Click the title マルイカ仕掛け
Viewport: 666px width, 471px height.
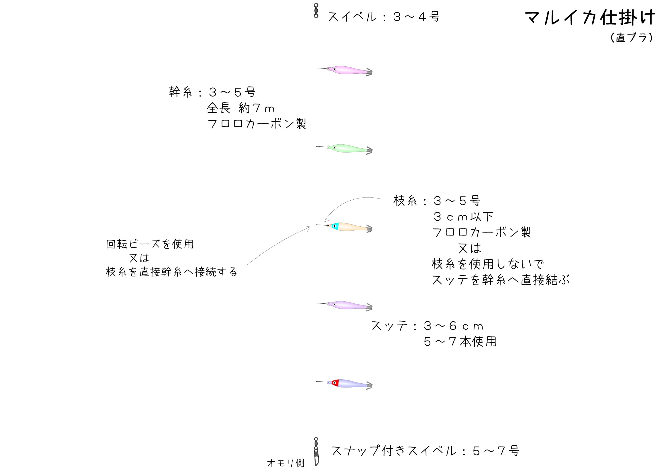(590, 18)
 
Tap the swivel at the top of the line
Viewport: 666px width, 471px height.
(316, 10)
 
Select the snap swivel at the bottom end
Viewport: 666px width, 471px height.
(316, 451)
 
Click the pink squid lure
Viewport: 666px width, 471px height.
(350, 70)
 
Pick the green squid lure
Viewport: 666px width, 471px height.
(350, 149)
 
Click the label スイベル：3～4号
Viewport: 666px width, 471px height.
(384, 17)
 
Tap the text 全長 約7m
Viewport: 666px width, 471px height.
(241, 108)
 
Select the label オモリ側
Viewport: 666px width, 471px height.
(286, 463)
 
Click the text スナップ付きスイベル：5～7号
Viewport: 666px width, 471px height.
(425, 451)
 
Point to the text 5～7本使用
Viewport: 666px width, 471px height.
(460, 342)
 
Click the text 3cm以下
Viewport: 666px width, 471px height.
(463, 217)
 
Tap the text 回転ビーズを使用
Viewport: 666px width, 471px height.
(150, 244)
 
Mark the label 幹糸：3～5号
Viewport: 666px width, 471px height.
(212, 92)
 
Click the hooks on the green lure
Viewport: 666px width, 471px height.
(369, 151)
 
